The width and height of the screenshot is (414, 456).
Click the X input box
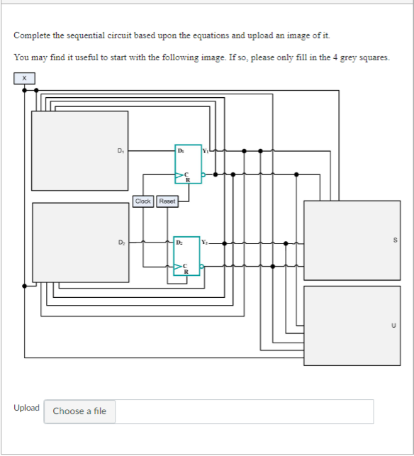tap(24, 77)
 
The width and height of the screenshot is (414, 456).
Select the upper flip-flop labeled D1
tap(188, 164)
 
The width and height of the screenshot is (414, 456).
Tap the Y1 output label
tap(206, 150)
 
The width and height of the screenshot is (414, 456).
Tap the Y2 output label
tap(206, 243)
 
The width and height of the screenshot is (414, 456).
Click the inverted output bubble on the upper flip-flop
tap(203, 174)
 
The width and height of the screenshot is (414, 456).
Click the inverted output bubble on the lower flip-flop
tap(203, 267)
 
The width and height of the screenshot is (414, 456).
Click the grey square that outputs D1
tap(79, 150)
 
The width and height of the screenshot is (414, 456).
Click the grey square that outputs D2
tap(79, 242)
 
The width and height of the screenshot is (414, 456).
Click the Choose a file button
tap(79, 411)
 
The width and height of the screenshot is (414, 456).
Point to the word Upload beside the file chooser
tap(26, 408)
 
